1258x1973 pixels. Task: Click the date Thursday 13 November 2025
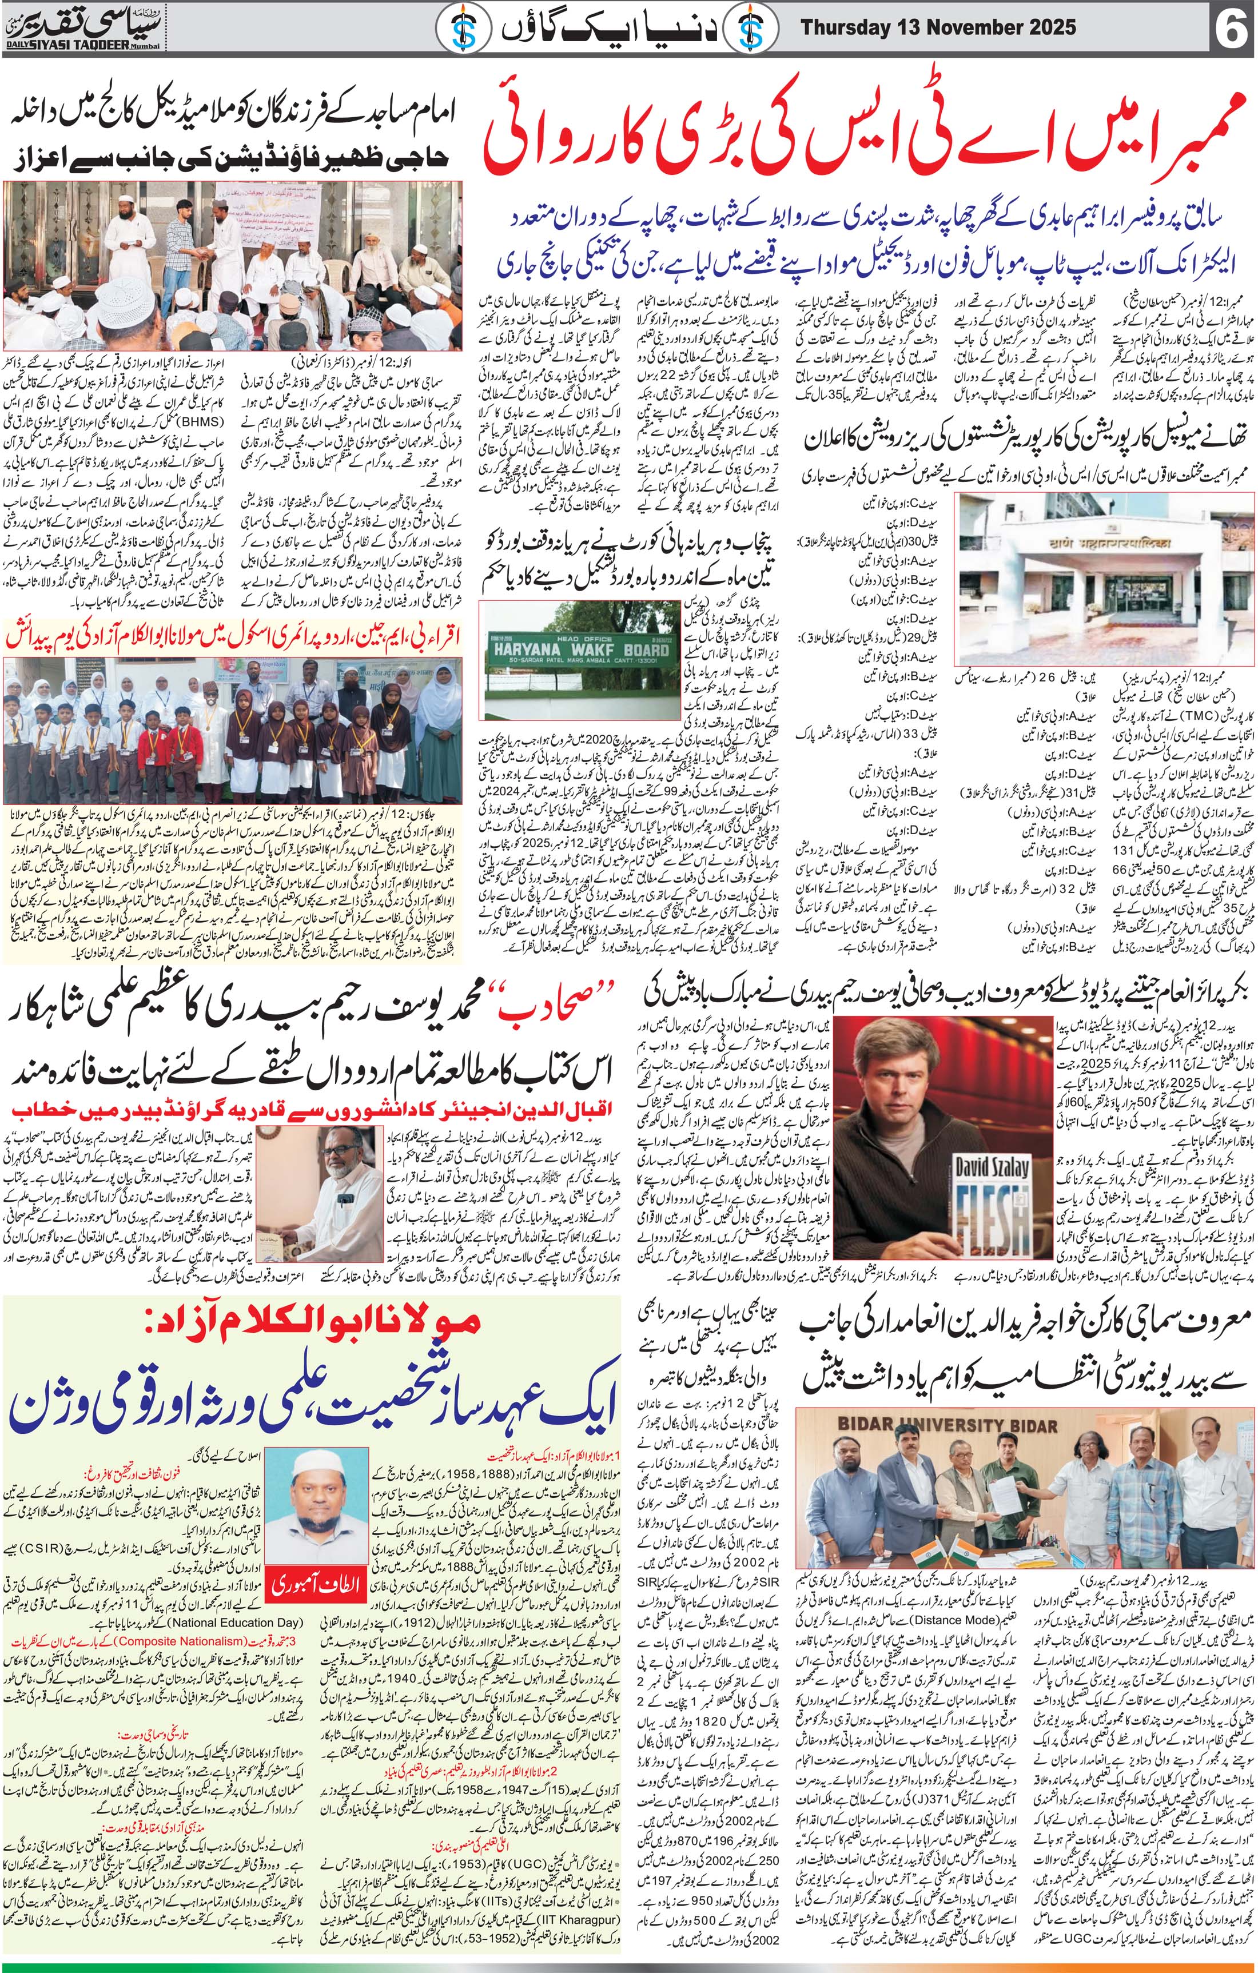pyautogui.click(x=938, y=27)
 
